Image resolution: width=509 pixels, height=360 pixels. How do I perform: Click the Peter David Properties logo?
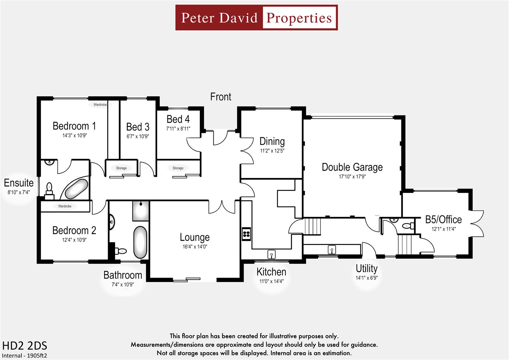click(x=256, y=18)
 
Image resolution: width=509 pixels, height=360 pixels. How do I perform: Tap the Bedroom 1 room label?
click(x=74, y=126)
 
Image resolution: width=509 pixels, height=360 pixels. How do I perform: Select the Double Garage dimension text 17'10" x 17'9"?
click(x=352, y=177)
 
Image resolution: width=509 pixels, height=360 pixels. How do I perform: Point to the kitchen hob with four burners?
click(x=246, y=233)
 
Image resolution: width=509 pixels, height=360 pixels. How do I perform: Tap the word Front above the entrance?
click(x=220, y=97)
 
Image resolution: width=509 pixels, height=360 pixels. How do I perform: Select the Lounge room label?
click(x=195, y=237)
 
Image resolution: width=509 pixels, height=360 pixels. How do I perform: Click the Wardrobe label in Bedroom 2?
click(x=65, y=206)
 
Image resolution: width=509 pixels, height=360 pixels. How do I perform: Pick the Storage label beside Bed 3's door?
click(x=121, y=168)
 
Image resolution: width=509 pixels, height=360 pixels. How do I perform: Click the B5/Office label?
click(x=443, y=220)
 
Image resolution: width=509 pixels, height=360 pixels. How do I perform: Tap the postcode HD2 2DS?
click(x=25, y=345)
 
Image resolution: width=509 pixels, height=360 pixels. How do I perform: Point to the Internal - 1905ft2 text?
click(x=24, y=355)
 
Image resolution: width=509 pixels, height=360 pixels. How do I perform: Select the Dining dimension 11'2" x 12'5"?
click(x=272, y=151)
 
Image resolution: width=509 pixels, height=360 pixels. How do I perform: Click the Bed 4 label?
click(x=178, y=119)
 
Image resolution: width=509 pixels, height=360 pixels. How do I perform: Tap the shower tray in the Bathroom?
click(x=141, y=211)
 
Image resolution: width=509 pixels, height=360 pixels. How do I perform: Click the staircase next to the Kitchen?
click(x=312, y=226)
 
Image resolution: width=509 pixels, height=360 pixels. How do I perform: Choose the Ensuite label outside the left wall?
click(x=19, y=183)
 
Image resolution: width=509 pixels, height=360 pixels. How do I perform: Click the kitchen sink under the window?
click(x=271, y=255)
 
